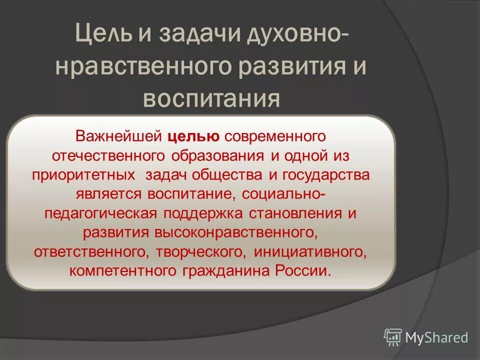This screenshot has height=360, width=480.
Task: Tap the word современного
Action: pyautogui.click(x=275, y=135)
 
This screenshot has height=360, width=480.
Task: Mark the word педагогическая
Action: pyautogui.click(x=101, y=213)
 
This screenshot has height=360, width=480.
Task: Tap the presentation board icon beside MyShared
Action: pyautogui.click(x=393, y=337)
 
